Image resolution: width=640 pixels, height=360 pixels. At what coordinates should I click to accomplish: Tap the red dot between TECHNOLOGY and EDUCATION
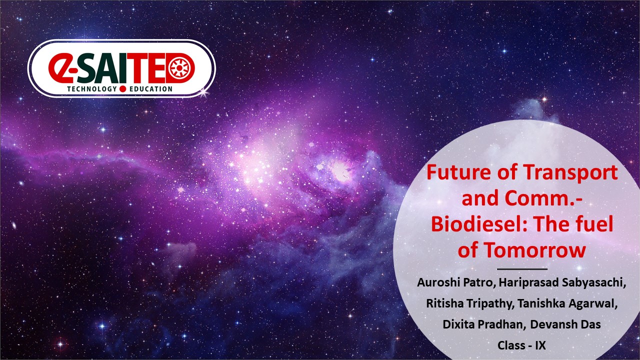[x=123, y=89]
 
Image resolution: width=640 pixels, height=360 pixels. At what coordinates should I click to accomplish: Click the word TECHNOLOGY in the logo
[x=92, y=89]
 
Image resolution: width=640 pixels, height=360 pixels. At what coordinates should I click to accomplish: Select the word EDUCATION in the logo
[x=151, y=89]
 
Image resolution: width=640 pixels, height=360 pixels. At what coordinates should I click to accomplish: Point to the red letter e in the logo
[x=60, y=67]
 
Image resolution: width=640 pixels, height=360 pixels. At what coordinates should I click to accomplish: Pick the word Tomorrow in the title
[x=534, y=250]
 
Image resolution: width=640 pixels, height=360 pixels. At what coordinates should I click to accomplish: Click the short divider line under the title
[x=522, y=269]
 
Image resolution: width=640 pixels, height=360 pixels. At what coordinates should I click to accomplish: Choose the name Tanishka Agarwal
[x=567, y=303]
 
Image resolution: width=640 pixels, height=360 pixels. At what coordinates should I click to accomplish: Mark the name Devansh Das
[x=565, y=324]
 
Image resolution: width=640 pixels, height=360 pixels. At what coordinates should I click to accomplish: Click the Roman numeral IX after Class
[x=540, y=345]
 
